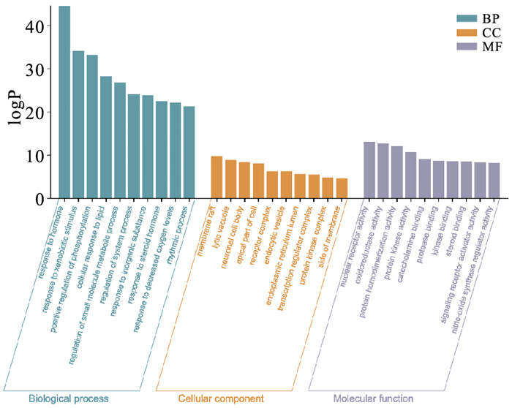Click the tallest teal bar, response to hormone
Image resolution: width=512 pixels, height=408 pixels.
coord(64,102)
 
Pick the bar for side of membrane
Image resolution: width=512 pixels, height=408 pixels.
coord(342,188)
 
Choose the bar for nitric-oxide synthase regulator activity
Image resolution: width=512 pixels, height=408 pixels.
coord(494,180)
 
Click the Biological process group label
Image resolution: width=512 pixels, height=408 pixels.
coord(69,399)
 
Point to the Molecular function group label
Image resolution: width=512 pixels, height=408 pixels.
coord(373,399)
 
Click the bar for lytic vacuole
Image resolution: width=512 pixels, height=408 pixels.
coord(230,178)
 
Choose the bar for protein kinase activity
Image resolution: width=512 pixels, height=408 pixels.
coord(411,175)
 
